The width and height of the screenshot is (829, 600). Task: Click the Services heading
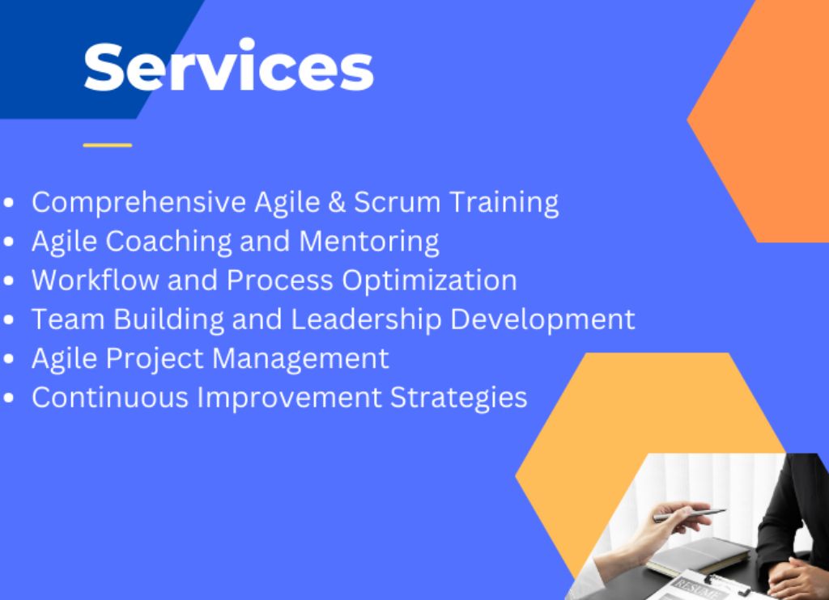(228, 66)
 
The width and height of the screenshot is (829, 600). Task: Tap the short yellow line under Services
(108, 145)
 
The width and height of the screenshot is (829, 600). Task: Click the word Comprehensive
(139, 203)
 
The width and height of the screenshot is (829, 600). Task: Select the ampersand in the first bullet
(337, 202)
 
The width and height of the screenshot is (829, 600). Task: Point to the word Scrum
(397, 202)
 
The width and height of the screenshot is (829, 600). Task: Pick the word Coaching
(168, 242)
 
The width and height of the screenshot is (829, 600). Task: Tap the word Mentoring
(369, 242)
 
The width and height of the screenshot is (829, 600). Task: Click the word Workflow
(96, 280)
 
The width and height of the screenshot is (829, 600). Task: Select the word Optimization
(429, 281)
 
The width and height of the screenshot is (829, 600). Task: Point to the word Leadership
(366, 319)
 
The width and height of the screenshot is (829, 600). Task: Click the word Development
(542, 319)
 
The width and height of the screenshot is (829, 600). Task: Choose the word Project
(155, 359)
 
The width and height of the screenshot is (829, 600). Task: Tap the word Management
(300, 359)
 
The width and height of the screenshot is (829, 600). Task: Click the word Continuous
(110, 397)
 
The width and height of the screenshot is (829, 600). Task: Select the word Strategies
(458, 398)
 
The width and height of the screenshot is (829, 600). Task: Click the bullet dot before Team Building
(8, 320)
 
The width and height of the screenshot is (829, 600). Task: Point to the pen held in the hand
(690, 515)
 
